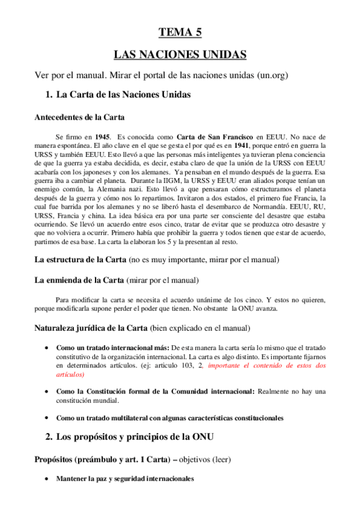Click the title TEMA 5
(x=180, y=32)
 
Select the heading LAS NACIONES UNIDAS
(x=180, y=55)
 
